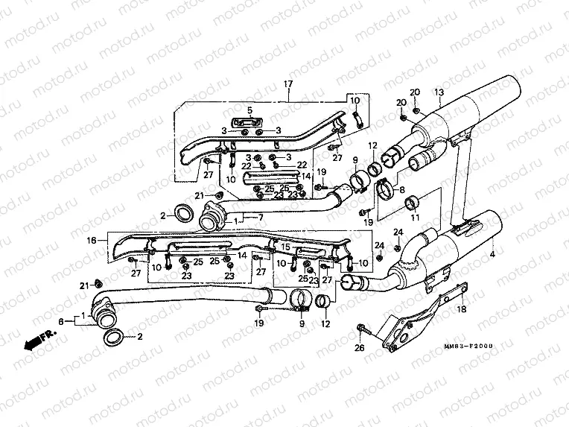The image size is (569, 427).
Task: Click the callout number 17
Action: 286,84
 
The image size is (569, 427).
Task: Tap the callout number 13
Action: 439,92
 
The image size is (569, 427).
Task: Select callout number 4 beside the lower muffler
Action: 491,256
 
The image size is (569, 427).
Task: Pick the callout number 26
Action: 360,347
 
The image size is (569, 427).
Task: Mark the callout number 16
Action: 91,241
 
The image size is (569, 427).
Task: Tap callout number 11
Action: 416,217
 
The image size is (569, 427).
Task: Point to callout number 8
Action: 402,190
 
